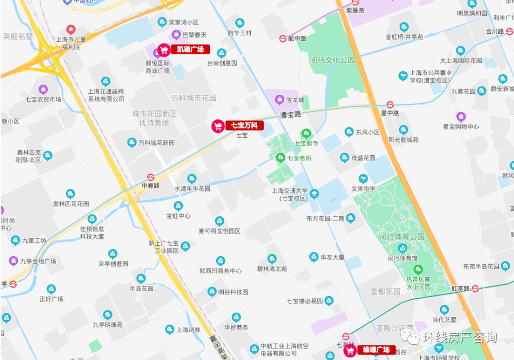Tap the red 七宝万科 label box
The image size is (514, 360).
coord(237,126)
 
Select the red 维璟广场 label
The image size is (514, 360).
coord(370,350)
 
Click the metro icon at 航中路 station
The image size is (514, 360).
coord(283,39)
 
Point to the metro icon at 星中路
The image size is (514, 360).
coord(390,104)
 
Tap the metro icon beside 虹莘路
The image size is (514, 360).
coord(475,288)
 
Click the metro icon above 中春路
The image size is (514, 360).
coord(151,177)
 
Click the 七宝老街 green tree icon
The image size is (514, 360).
coord(280,157)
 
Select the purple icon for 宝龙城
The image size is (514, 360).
coord(279,100)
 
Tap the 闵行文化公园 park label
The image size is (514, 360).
coord(333,60)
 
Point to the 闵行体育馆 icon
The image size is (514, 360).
coord(403,249)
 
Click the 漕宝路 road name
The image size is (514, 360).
coord(291,115)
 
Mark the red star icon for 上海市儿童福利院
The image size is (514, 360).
coord(70,30)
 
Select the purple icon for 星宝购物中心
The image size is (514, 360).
coord(461,117)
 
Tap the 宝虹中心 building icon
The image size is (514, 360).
coord(178,206)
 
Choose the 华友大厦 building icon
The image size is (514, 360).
coord(314,257)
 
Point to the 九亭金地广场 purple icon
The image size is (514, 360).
coord(13,261)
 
